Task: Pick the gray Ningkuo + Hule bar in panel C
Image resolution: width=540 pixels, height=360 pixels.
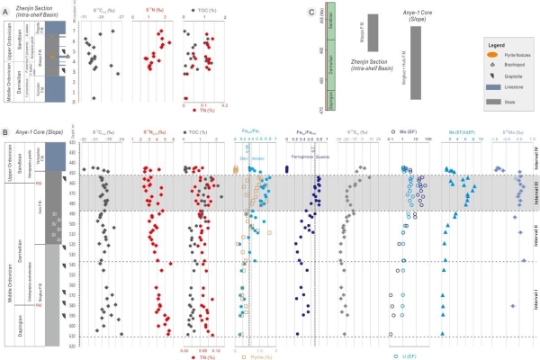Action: tap(416, 66)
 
